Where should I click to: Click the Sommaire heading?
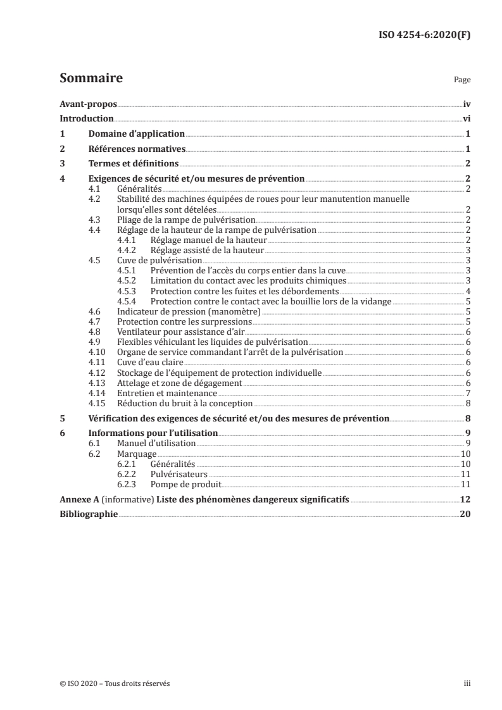click(x=91, y=79)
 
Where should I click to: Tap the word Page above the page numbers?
click(x=462, y=81)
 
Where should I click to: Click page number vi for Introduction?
click(x=466, y=119)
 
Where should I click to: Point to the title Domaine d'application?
click(x=136, y=134)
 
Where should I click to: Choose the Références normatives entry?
click(x=136, y=149)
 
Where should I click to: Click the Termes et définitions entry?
click(x=133, y=164)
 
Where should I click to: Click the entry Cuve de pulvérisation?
click(x=160, y=260)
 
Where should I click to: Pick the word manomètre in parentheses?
click(x=234, y=311)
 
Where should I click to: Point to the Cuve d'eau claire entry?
click(x=149, y=362)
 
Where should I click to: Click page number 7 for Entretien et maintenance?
click(x=467, y=393)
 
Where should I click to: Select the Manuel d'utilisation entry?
click(x=156, y=444)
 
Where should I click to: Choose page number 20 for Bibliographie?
click(x=465, y=514)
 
